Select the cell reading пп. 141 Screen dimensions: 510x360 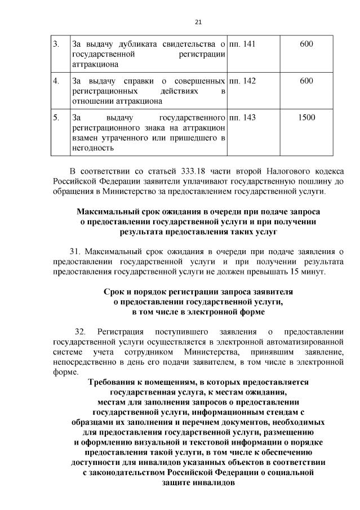(x=243, y=44)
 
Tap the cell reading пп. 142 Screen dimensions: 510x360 (x=243, y=81)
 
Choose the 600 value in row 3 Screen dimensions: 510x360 (x=306, y=44)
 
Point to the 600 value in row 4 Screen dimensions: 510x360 (x=306, y=81)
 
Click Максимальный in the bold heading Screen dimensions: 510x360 (x=107, y=211)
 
